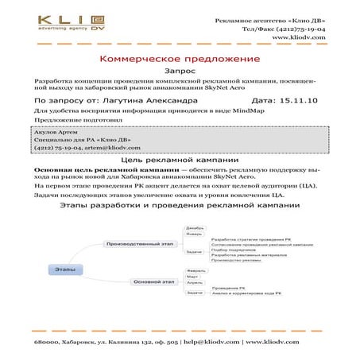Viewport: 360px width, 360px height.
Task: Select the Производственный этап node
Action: coord(139,243)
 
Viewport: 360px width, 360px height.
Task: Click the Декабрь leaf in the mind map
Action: coord(195,228)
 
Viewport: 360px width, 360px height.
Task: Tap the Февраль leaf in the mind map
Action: coord(195,270)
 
